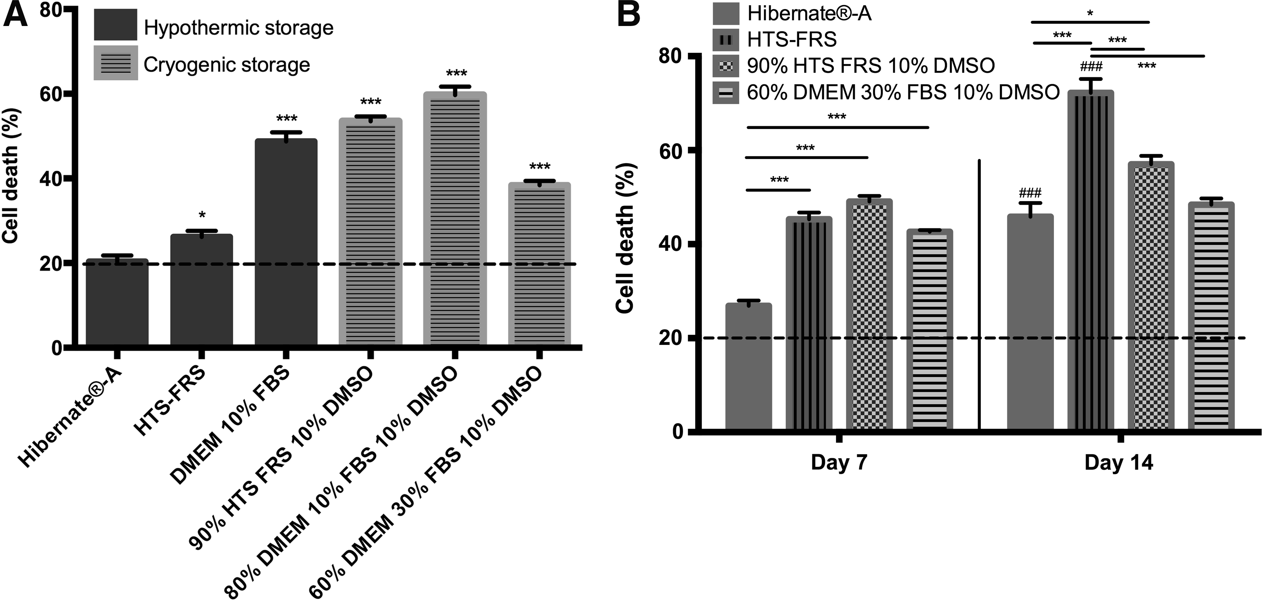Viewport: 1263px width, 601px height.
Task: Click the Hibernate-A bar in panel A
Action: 117,302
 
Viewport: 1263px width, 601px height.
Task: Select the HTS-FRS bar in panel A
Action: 201,290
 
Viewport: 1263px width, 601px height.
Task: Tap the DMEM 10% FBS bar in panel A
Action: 286,242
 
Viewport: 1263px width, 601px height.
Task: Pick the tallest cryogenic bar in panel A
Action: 456,219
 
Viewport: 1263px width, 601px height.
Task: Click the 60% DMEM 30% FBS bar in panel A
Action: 539,264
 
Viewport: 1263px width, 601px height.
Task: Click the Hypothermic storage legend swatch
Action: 116,25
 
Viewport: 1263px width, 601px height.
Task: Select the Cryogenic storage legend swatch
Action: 116,63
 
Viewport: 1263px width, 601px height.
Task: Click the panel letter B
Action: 628,15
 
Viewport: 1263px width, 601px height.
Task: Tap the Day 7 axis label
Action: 839,463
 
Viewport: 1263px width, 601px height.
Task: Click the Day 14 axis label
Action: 1119,463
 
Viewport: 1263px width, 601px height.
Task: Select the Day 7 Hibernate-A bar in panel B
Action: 749,367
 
